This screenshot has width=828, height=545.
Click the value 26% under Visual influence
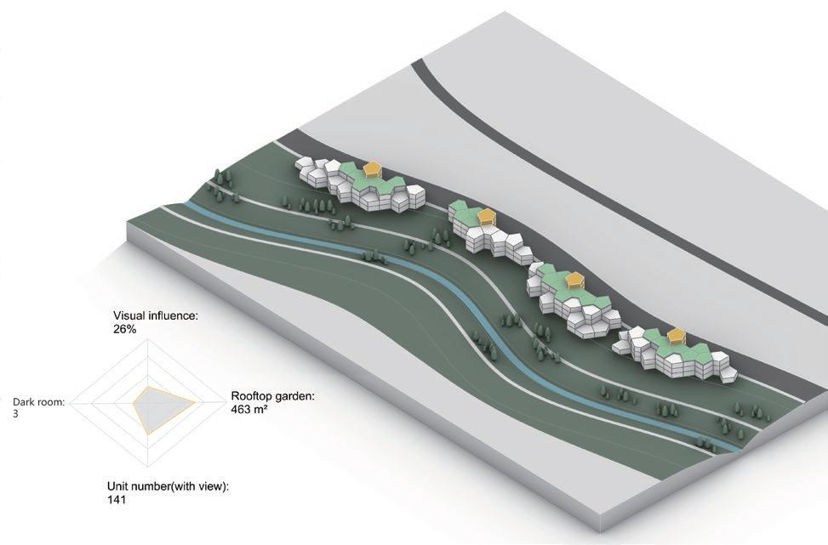(124, 328)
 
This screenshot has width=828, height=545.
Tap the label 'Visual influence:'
(155, 315)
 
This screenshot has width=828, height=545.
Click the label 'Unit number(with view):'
(168, 486)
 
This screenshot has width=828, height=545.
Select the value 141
(117, 500)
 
